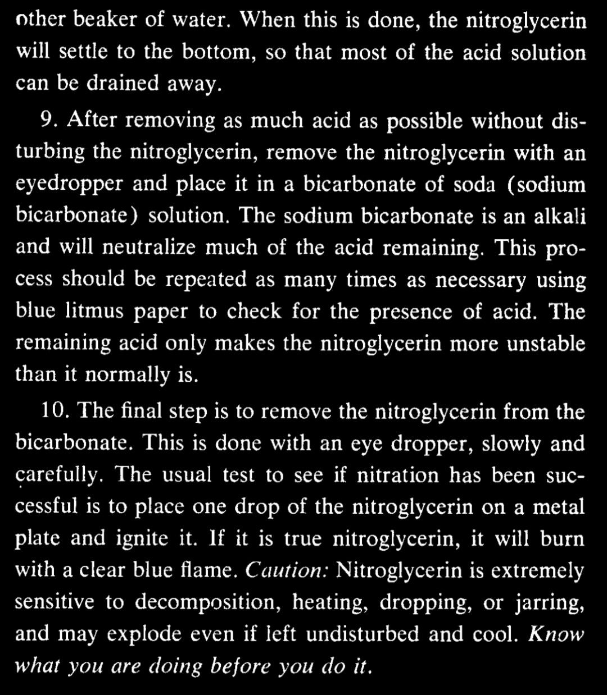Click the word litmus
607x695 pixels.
point(93,312)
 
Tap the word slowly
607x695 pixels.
point(496,444)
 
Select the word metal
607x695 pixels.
point(558,507)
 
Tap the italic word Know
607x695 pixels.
point(556,634)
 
